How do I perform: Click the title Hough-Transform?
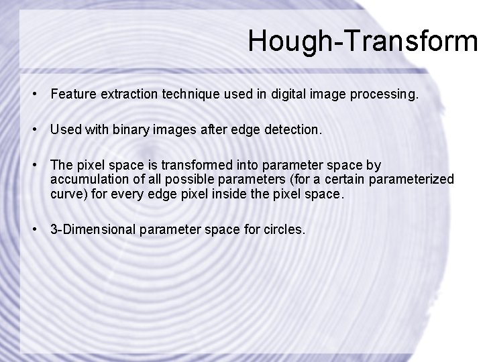coord(362,41)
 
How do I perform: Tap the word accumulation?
coord(89,180)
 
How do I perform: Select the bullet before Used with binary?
coord(33,129)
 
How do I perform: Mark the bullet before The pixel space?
coord(33,165)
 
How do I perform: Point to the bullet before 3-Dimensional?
coord(33,230)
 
